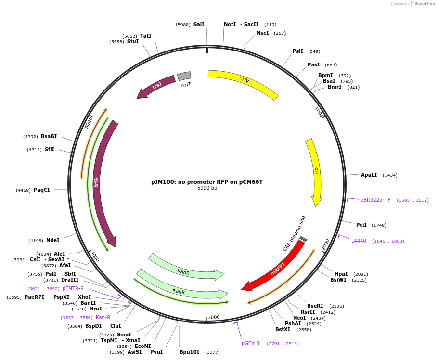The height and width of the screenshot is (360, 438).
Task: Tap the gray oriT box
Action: click(x=184, y=76)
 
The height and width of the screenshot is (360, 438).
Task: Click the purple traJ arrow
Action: click(x=156, y=86)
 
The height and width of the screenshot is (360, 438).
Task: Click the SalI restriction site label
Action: click(x=199, y=24)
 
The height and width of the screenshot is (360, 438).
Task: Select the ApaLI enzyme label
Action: click(x=369, y=175)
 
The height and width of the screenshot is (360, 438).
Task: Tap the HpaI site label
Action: click(x=341, y=274)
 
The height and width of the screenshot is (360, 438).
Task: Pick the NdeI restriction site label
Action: click(x=53, y=240)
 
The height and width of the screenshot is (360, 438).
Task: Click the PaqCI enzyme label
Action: click(x=41, y=190)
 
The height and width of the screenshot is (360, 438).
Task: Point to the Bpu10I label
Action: click(x=189, y=352)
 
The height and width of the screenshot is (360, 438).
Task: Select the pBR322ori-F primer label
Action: click(x=375, y=200)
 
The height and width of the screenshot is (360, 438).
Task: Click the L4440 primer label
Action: click(x=359, y=241)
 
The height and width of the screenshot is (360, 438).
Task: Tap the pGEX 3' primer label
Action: click(x=251, y=343)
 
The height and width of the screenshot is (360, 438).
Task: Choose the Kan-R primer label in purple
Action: click(x=103, y=317)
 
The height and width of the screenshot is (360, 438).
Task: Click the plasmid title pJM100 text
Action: click(x=207, y=182)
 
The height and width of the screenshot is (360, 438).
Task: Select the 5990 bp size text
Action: click(x=207, y=188)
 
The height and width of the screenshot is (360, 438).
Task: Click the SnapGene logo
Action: click(x=422, y=4)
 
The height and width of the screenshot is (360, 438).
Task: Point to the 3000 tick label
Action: click(x=214, y=317)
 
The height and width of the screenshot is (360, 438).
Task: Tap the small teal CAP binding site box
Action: click(x=303, y=239)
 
